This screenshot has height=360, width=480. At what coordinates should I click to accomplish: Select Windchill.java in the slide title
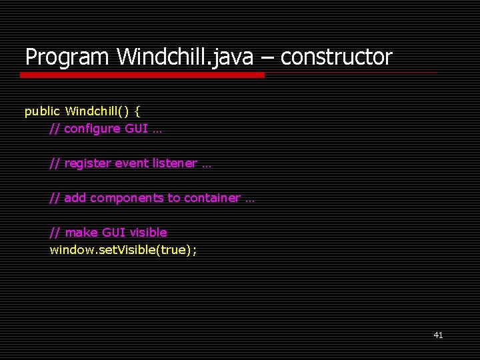tap(185, 57)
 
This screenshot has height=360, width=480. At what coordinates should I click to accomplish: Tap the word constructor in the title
tap(337, 57)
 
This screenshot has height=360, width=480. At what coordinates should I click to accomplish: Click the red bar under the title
tap(142, 75)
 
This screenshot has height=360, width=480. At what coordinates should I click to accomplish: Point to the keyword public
tap(42, 111)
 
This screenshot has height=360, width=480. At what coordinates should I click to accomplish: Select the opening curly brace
tap(137, 111)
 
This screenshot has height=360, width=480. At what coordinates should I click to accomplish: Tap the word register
tap(88, 163)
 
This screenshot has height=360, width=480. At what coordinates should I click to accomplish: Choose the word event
tap(132, 163)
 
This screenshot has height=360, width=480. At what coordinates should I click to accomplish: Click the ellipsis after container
tap(249, 199)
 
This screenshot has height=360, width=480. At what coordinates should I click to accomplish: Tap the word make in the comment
tap(81, 233)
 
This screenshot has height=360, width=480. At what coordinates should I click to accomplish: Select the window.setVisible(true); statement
tap(123, 250)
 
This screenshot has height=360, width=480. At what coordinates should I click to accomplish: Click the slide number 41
tap(438, 335)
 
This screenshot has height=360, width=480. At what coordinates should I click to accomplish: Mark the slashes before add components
tap(55, 198)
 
